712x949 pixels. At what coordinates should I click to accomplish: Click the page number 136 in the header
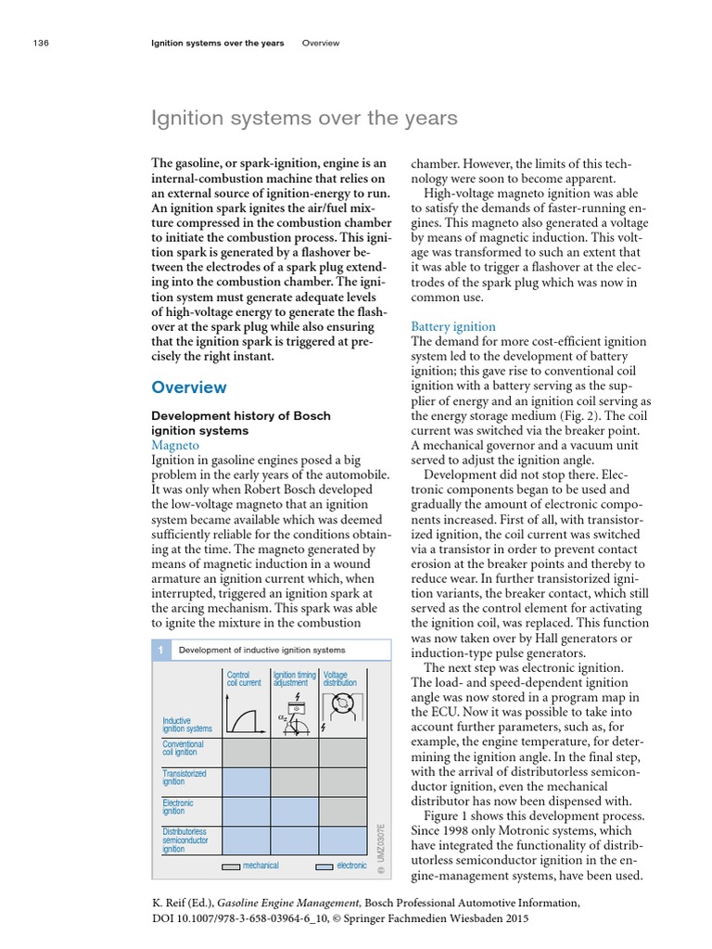point(40,43)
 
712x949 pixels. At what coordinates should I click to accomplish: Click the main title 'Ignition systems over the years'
point(304,118)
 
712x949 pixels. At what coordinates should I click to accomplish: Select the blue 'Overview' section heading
point(189,387)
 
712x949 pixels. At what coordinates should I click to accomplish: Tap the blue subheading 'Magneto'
point(175,446)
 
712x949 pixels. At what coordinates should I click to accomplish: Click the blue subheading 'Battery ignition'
point(452,326)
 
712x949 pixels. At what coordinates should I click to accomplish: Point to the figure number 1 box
point(160,651)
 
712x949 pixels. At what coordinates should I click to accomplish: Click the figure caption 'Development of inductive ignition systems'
point(261,651)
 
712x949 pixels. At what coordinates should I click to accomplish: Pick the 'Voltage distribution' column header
point(339,678)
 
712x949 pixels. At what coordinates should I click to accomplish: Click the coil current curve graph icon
point(244,717)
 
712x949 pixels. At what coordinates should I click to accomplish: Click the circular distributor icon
point(344,710)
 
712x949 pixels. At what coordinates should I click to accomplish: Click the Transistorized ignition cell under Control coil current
point(245,781)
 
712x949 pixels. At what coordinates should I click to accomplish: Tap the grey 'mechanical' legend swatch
point(230,866)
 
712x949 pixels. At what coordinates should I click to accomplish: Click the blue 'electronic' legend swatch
point(324,866)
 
